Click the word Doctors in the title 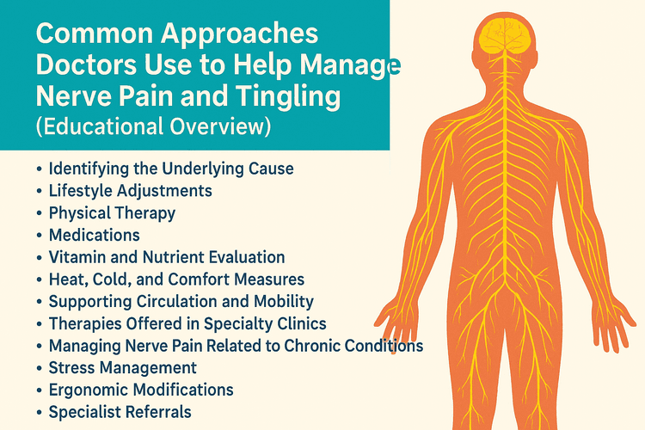[x=85, y=65]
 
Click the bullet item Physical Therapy [x=112, y=212]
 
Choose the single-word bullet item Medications [x=94, y=235]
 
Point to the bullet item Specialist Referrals [x=120, y=412]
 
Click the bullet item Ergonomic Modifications [x=141, y=390]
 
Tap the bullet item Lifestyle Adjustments [x=131, y=190]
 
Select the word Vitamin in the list [x=76, y=257]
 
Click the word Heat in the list [x=66, y=279]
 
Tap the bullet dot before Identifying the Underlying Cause [x=39, y=169]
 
